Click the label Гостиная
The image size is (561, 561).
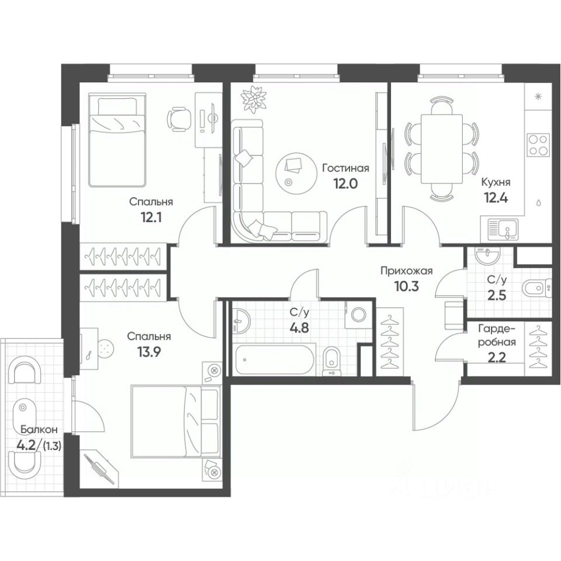click(345, 168)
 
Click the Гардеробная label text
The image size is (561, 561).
click(496, 336)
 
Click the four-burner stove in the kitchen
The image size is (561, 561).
click(538, 144)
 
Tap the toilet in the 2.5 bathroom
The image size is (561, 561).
click(535, 287)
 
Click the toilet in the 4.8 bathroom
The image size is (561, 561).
click(331, 358)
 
